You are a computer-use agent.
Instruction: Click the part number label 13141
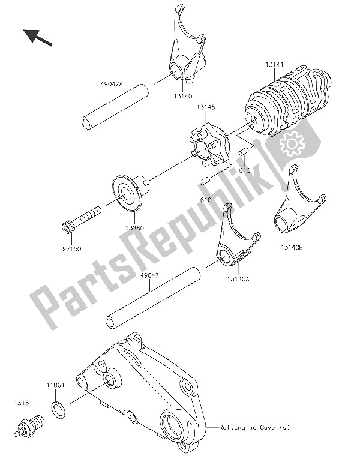pyautogui.click(x=275, y=64)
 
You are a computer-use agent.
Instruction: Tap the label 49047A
pyautogui.click(x=111, y=84)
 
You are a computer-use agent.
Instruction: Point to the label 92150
pyautogui.click(x=71, y=248)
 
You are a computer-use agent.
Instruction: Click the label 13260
pyautogui.click(x=134, y=228)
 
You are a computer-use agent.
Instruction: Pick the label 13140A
pyautogui.click(x=239, y=279)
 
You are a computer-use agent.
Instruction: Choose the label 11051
pyautogui.click(x=55, y=385)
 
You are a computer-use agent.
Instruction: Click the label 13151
pyautogui.click(x=23, y=403)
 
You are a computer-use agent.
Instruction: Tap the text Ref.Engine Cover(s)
pyautogui.click(x=254, y=427)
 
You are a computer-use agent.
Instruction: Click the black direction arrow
pyautogui.click(x=38, y=37)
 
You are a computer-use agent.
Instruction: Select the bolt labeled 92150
pyautogui.click(x=82, y=220)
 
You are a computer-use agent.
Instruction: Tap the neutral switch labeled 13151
pyautogui.click(x=29, y=425)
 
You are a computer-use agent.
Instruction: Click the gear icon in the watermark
pyautogui.click(x=292, y=144)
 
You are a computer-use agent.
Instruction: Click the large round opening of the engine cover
pyautogui.click(x=176, y=425)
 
